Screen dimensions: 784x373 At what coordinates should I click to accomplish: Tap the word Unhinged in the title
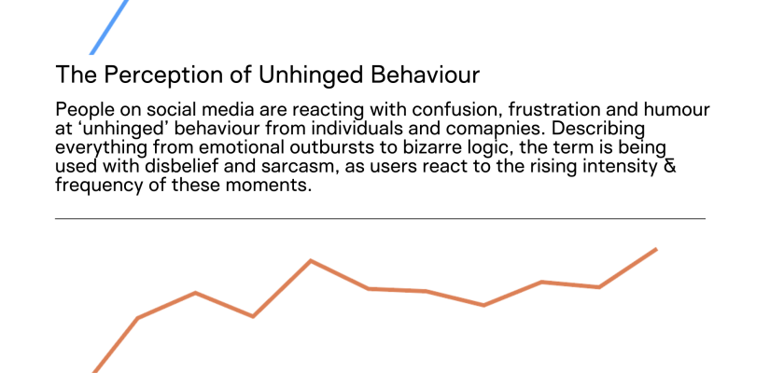coord(311,75)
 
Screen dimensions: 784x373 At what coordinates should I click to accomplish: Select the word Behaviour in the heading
coord(425,75)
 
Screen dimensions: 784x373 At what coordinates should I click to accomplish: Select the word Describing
coord(598,130)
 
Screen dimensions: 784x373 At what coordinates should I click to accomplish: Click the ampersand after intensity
coord(669,166)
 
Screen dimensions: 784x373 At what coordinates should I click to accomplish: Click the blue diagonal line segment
coord(109,27)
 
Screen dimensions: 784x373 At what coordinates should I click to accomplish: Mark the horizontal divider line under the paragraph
coord(380,219)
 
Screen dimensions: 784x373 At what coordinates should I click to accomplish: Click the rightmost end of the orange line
coord(656,249)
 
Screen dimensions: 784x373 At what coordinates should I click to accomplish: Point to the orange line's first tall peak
coord(311,261)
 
